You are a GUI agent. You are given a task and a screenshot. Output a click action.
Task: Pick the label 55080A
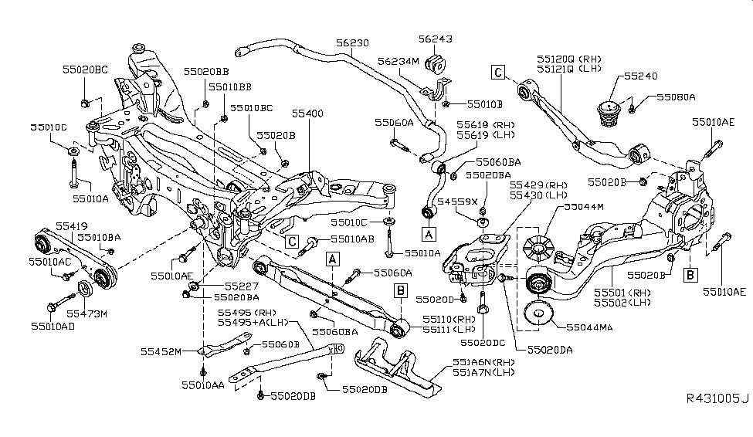[677, 98]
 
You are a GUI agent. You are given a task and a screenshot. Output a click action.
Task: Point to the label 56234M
[399, 60]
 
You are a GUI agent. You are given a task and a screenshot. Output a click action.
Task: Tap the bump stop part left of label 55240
[610, 114]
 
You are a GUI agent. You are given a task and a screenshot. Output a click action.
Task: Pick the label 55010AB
[354, 239]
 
